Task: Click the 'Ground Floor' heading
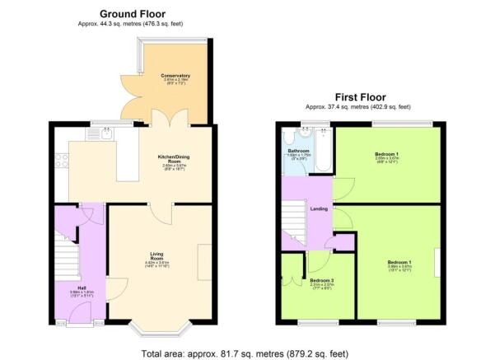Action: pyautogui.click(x=132, y=13)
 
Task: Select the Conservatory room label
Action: pyautogui.click(x=175, y=75)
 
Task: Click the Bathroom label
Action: pyautogui.click(x=298, y=152)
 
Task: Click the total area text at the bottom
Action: pyautogui.click(x=245, y=353)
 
